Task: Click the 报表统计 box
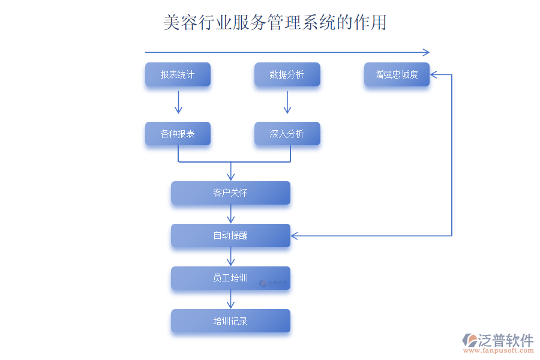(x=178, y=74)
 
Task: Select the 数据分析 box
(x=287, y=74)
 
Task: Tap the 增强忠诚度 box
(x=397, y=74)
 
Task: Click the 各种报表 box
(x=178, y=134)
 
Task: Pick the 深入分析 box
(x=287, y=134)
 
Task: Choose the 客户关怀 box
(x=230, y=193)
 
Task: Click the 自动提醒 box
(x=230, y=235)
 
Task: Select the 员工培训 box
(x=230, y=278)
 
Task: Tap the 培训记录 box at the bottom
(x=230, y=321)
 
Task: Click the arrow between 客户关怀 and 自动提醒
(x=230, y=214)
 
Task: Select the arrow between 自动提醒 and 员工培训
(x=230, y=257)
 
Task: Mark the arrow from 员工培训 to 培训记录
(x=230, y=299)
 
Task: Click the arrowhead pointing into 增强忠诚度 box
(x=434, y=75)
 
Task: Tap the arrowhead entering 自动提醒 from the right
(x=295, y=235)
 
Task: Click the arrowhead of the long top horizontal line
(x=426, y=52)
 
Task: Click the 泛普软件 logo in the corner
(x=497, y=342)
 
